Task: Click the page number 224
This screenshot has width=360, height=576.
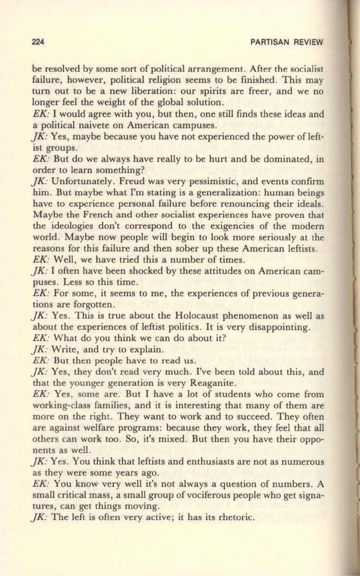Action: click(x=38, y=42)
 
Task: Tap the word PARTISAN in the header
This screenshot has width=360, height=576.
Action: click(x=268, y=42)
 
